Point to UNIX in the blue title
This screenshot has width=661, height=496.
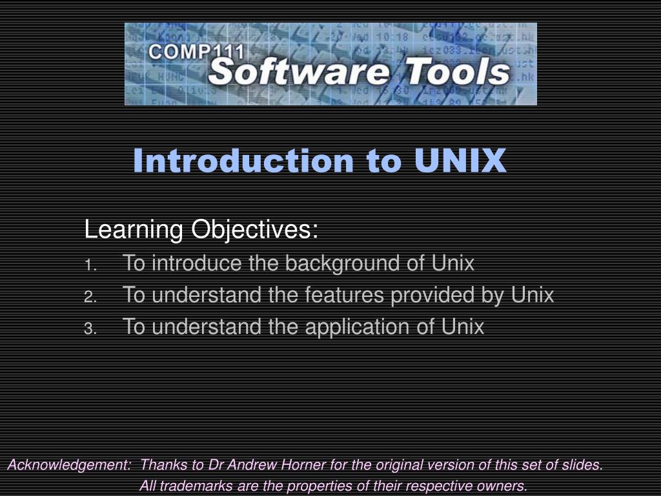(460, 161)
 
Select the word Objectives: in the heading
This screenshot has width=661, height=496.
(253, 229)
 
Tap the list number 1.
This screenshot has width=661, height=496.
(90, 265)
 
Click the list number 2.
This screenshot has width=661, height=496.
(90, 296)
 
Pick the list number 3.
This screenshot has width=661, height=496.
(90, 328)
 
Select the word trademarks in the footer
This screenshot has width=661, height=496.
(197, 486)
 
